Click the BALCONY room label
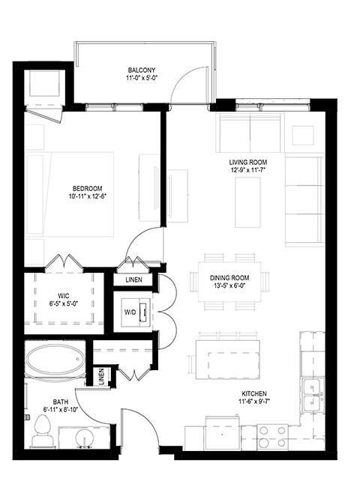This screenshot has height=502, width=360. tap(141, 70)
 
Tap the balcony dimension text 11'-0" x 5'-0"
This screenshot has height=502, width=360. tap(141, 79)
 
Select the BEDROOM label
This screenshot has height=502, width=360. tap(87, 188)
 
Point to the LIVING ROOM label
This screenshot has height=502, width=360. tap(247, 163)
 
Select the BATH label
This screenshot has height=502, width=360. tap(60, 402)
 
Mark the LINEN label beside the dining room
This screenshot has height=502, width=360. tap(134, 280)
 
